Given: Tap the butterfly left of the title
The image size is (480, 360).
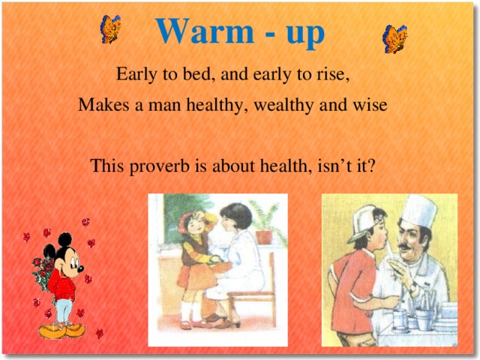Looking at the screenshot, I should pyautogui.click(x=110, y=29).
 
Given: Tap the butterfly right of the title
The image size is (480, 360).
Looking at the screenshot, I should pyautogui.click(x=394, y=37).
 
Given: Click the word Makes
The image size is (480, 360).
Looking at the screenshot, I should pyautogui.click(x=101, y=106).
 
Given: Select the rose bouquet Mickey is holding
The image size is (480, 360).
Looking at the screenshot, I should pyautogui.click(x=40, y=271).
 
